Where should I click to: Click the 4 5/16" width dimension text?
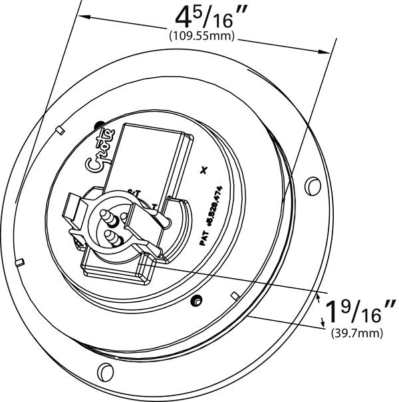[x=204, y=16]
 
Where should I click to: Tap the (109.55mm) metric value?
[x=203, y=36]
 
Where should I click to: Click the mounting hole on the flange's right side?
[x=310, y=182]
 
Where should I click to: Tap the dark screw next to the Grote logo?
[x=100, y=124]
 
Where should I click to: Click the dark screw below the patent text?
[x=196, y=301]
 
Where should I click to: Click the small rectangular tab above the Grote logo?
[x=59, y=127]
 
